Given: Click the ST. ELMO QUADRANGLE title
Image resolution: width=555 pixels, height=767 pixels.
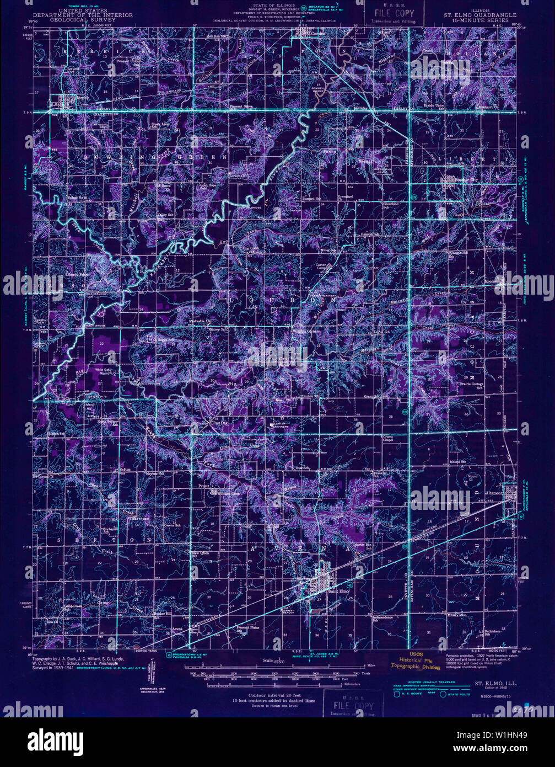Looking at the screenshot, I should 477,15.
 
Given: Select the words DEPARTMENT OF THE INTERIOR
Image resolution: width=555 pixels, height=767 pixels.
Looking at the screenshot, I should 83,15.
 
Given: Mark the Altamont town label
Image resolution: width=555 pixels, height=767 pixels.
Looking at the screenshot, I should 493,493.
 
